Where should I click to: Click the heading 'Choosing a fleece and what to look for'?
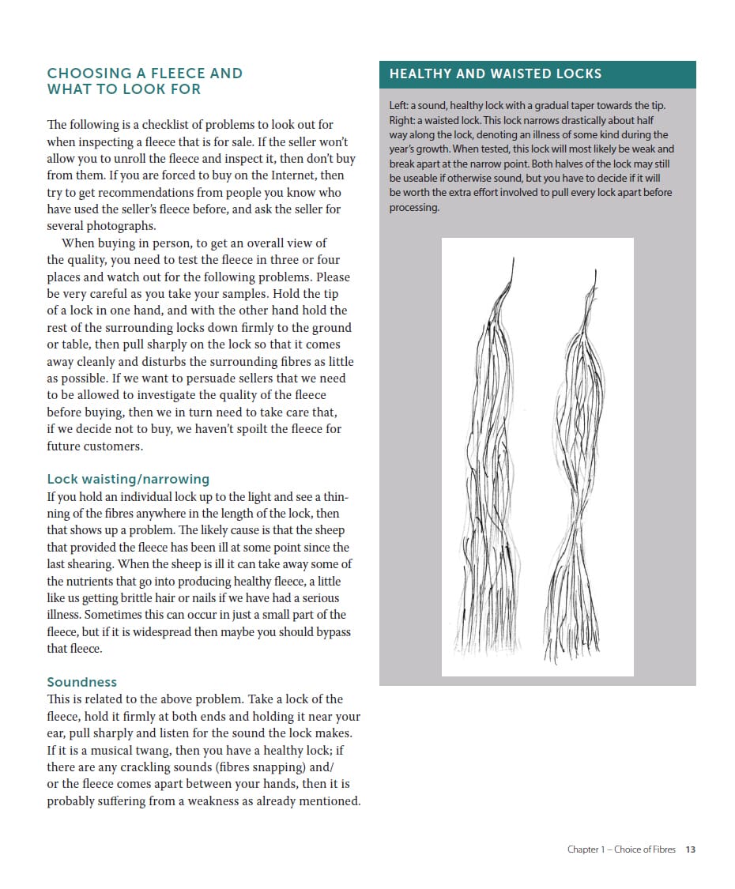(145, 81)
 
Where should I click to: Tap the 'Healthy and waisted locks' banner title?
(496, 74)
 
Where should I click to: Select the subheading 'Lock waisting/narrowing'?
(128, 479)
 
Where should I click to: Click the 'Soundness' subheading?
(81, 682)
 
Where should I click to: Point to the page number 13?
(690, 849)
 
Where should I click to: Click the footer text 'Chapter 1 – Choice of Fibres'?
(621, 849)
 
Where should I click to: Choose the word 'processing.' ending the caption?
(414, 208)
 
